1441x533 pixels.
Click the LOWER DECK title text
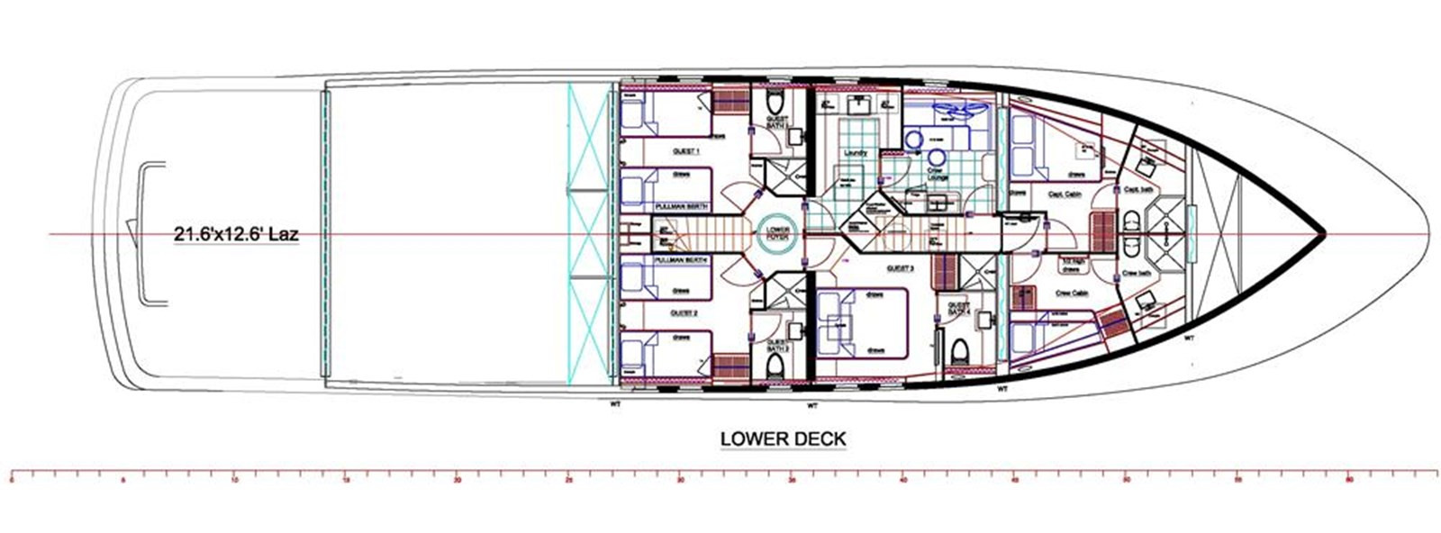(x=783, y=439)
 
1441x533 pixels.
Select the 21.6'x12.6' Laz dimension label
(x=236, y=236)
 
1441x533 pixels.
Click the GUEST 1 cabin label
(x=686, y=152)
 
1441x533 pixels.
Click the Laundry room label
(x=855, y=153)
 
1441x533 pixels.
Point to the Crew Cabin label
(x=1070, y=293)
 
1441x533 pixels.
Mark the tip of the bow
(x=1324, y=235)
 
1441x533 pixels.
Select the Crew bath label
(x=1135, y=273)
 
